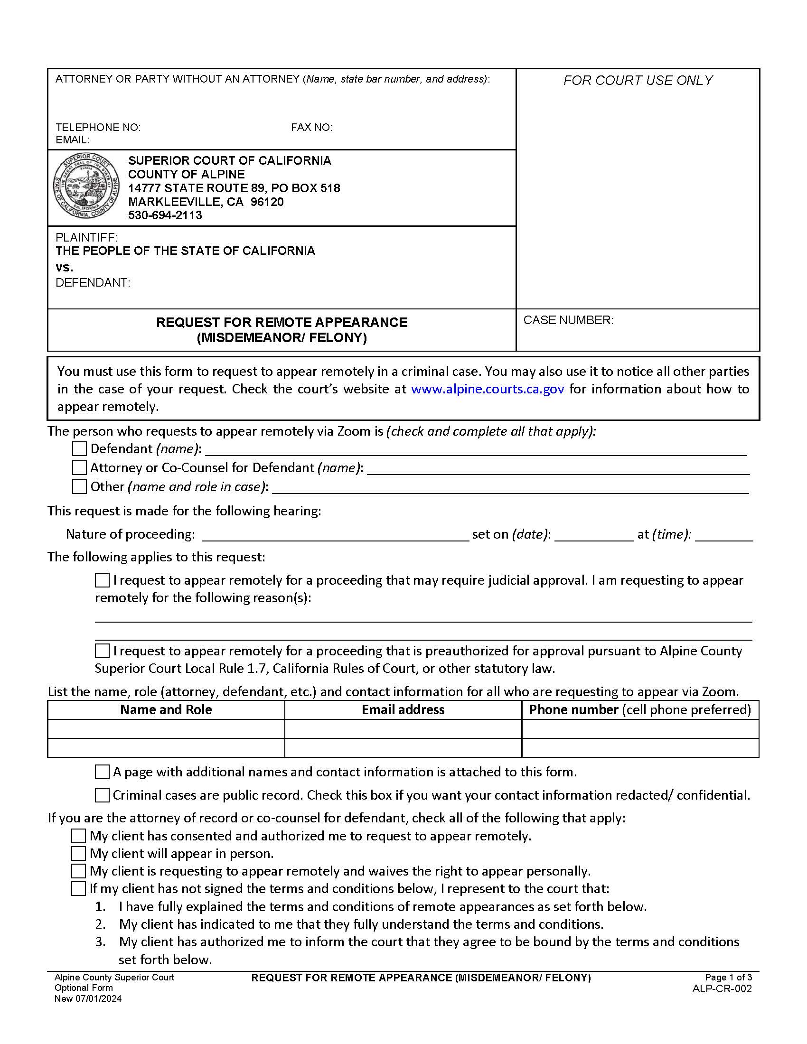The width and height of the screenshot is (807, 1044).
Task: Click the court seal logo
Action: click(x=86, y=186)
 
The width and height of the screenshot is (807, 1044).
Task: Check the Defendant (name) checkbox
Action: click(x=79, y=449)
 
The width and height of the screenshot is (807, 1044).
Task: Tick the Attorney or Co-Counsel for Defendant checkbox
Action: click(x=79, y=467)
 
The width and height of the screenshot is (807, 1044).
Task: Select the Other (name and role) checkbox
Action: click(x=79, y=486)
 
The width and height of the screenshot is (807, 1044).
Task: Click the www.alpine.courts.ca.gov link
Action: click(x=487, y=389)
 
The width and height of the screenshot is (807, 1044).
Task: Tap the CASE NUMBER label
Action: click(x=568, y=320)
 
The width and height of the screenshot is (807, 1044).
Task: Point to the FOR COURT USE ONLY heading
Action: click(x=638, y=80)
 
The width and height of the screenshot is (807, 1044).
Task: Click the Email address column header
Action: click(x=403, y=710)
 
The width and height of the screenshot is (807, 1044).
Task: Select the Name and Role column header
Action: click(x=166, y=710)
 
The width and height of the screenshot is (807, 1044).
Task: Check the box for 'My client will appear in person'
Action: click(x=78, y=853)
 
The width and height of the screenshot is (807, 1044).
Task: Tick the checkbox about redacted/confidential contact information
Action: click(x=102, y=795)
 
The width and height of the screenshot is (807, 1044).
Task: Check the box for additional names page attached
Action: click(x=102, y=772)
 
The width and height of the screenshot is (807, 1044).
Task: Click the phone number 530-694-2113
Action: click(x=165, y=215)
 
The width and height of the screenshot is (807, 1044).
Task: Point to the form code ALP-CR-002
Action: click(x=722, y=988)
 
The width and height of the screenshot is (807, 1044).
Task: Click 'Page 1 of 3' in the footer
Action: click(x=728, y=978)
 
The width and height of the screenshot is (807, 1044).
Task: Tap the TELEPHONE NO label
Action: click(x=98, y=127)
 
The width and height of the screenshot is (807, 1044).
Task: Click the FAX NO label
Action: click(x=311, y=127)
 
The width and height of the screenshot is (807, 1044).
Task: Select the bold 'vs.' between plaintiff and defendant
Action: click(x=65, y=267)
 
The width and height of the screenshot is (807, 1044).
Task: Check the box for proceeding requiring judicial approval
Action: click(x=102, y=580)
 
